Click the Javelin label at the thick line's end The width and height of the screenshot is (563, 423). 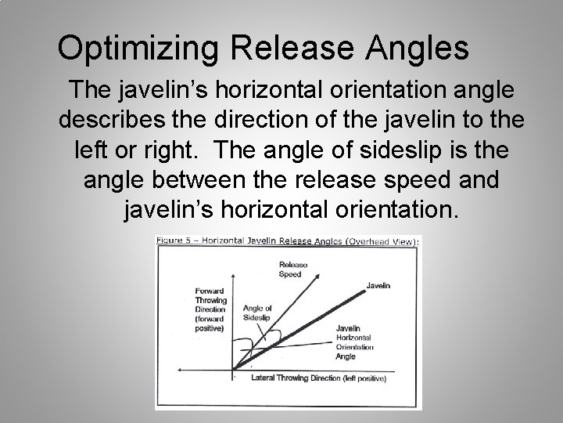coord(378,286)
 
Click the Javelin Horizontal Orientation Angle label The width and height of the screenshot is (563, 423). coord(353,341)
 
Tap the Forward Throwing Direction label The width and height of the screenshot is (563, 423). coord(210,310)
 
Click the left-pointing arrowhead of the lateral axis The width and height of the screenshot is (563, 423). coord(181,368)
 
